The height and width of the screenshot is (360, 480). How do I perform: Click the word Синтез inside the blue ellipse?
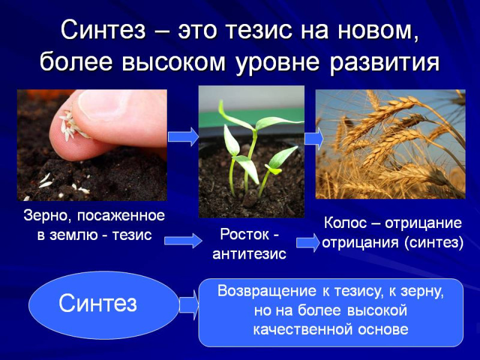98,303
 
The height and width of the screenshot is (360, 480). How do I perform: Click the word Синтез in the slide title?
103,30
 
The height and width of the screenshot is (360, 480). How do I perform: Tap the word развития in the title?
385,63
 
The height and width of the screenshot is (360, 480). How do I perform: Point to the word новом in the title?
377,30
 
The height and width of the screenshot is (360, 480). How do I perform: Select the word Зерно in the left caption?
44,216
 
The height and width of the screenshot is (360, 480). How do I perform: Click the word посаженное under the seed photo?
121,216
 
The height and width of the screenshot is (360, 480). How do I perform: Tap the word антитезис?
250,254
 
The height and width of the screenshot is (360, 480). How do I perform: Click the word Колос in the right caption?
345,223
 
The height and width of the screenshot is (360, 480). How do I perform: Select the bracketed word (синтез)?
434,242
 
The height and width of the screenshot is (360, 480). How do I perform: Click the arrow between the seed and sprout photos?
183,137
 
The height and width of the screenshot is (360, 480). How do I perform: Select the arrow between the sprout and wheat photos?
314,139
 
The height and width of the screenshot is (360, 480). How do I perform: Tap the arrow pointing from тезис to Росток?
183,241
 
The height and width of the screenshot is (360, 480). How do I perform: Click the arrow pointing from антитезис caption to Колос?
308,242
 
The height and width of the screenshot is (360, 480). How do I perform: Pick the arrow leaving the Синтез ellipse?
189,305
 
